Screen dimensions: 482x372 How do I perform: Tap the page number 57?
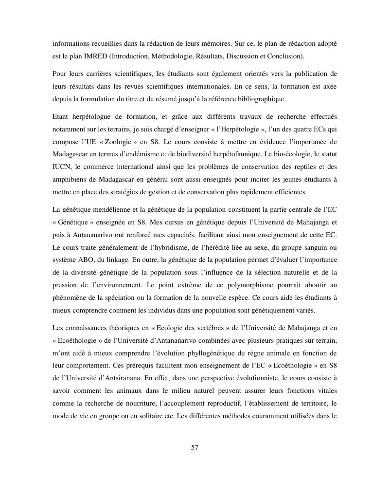tap(195, 448)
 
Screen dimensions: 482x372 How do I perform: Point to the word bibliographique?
tap(263, 99)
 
